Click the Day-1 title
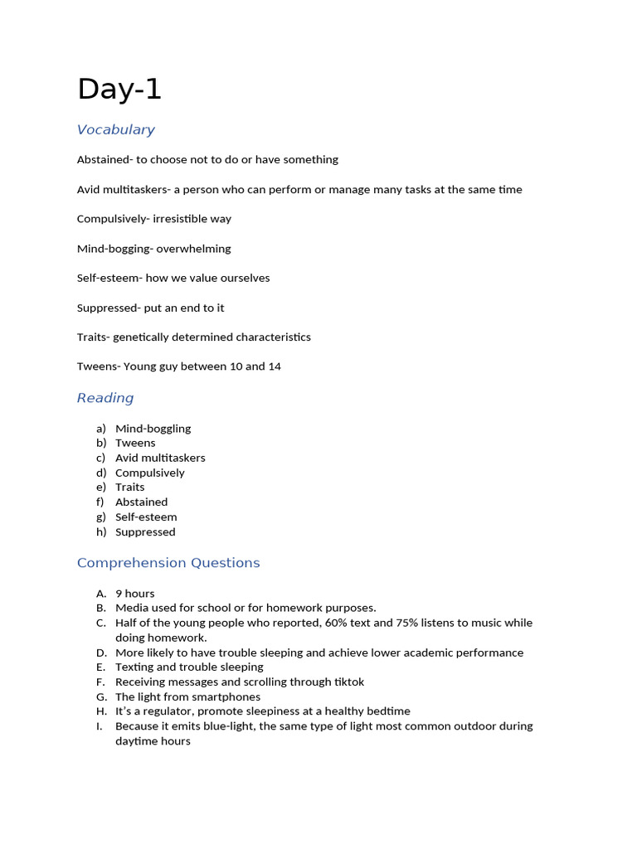119,89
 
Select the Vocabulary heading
115,129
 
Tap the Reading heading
105,398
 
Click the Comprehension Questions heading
168,563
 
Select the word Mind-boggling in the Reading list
153,429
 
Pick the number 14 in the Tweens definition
275,366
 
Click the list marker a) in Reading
101,429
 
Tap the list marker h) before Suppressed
101,532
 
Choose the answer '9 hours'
134,594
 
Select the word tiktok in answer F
348,682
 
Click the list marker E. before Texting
101,667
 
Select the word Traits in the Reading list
129,488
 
